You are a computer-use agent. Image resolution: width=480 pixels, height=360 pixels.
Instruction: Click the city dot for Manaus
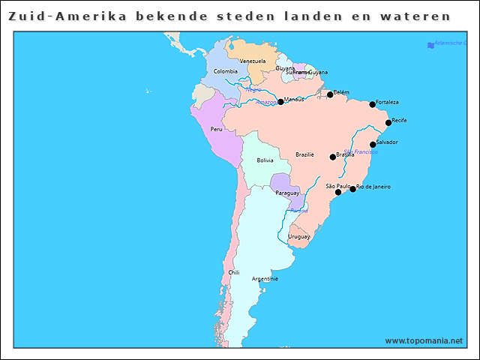click(280, 101)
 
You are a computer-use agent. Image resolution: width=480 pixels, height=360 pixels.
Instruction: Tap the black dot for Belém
click(330, 94)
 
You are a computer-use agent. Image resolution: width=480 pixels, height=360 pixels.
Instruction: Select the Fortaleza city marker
click(372, 104)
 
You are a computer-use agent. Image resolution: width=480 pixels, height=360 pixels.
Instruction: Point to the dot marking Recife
click(388, 122)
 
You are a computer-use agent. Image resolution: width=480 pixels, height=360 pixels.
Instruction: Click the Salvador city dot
click(373, 144)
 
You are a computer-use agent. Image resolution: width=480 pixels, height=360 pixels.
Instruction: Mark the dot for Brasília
click(333, 157)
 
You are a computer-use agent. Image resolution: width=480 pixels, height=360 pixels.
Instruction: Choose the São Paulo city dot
click(337, 192)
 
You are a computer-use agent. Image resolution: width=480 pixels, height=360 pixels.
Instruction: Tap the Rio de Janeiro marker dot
click(352, 189)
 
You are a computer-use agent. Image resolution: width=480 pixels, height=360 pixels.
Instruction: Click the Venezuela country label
click(252, 61)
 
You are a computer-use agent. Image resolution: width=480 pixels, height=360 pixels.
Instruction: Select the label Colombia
click(225, 71)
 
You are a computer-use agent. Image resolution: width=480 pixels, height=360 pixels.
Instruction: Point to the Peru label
click(216, 129)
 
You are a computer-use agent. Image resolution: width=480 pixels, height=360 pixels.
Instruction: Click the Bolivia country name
click(265, 160)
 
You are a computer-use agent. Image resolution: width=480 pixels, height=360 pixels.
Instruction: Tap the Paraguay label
click(287, 193)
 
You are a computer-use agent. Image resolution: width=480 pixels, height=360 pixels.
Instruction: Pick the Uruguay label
click(298, 236)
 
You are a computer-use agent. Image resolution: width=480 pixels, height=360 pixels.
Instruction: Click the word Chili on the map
click(234, 272)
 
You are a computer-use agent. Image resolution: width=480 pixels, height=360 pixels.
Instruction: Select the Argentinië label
click(265, 278)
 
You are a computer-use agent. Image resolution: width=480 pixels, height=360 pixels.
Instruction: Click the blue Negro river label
click(253, 89)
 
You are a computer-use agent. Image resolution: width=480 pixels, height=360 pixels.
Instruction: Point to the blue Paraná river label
click(298, 211)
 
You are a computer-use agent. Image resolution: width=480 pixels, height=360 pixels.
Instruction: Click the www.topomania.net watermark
click(424, 340)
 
